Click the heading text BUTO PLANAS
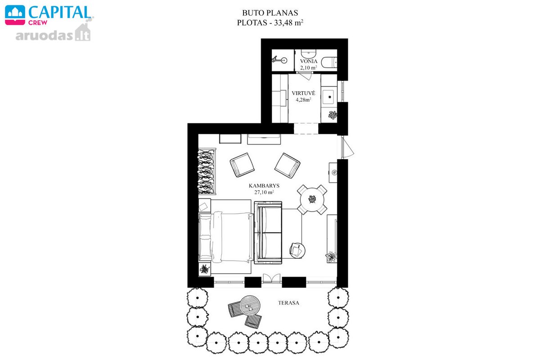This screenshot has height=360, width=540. (270, 13)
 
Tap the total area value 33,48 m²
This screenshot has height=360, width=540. (288, 22)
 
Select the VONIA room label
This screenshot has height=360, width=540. (309, 61)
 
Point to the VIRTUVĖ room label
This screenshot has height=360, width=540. (303, 93)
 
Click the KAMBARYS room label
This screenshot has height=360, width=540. (264, 186)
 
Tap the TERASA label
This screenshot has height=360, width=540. (288, 303)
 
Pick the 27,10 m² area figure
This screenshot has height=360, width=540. (264, 192)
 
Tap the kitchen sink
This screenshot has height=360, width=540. (328, 97)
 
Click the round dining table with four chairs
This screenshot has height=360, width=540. (312, 199)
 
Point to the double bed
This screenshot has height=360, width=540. (226, 237)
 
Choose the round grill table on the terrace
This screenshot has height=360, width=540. (250, 306)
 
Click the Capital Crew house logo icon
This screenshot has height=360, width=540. (15, 15)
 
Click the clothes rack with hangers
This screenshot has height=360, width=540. (207, 171)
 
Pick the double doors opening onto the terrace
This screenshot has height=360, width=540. (271, 279)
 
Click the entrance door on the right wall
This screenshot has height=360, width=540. (346, 148)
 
